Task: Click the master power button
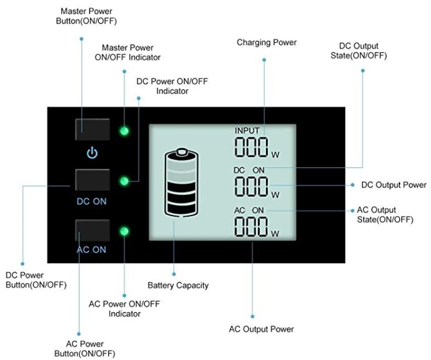(92, 129)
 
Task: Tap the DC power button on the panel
(92, 180)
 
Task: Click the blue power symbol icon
(92, 154)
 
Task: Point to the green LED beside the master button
(124, 131)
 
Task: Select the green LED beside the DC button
(124, 181)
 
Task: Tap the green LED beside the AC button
(124, 232)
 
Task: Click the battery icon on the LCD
(182, 182)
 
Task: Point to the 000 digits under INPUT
(251, 147)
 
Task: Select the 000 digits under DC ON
(251, 186)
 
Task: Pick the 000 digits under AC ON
(251, 226)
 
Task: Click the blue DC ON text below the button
(92, 201)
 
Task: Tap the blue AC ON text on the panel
(92, 249)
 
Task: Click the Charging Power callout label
(266, 42)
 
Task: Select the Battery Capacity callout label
(178, 286)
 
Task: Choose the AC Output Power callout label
(261, 329)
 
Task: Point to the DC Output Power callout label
(394, 185)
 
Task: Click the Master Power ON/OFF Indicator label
(127, 52)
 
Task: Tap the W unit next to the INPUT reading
(275, 155)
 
